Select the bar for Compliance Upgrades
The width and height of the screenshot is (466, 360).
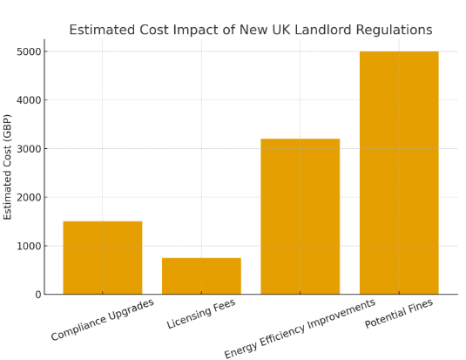point(103,258)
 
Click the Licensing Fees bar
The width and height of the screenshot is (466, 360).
point(201,275)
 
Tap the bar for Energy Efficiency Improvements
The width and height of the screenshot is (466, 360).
point(301,216)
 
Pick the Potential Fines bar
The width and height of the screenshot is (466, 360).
point(399,173)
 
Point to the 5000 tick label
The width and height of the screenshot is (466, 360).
point(29,51)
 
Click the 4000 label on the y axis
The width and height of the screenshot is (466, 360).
point(29,100)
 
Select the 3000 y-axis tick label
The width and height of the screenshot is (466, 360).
point(29,149)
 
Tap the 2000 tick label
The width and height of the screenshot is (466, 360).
point(29,197)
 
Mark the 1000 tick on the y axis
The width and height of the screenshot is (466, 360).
point(29,246)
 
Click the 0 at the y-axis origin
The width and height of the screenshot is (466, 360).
point(38,295)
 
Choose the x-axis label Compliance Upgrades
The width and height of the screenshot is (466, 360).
point(103,320)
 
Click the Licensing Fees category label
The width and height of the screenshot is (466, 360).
point(201,314)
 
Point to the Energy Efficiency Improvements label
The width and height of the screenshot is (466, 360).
point(300,329)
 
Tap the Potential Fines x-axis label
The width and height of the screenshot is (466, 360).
point(399,314)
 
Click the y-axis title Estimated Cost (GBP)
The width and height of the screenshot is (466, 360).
point(7,167)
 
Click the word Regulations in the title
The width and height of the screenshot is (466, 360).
point(394,31)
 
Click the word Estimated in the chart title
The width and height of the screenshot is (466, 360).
point(102,30)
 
